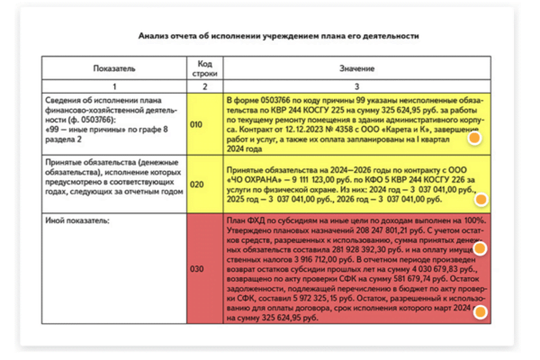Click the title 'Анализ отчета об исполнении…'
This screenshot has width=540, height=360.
click(x=278, y=36)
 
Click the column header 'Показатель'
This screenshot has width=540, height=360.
click(x=113, y=68)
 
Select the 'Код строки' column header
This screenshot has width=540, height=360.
click(x=203, y=68)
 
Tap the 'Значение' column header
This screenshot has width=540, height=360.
click(x=357, y=68)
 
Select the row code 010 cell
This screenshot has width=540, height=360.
click(x=197, y=124)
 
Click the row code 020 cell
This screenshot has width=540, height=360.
click(x=197, y=184)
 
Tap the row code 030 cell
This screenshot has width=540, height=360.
click(x=197, y=268)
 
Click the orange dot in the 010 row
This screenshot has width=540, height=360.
click(x=473, y=138)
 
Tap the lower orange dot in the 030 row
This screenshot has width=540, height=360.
click(x=481, y=312)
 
